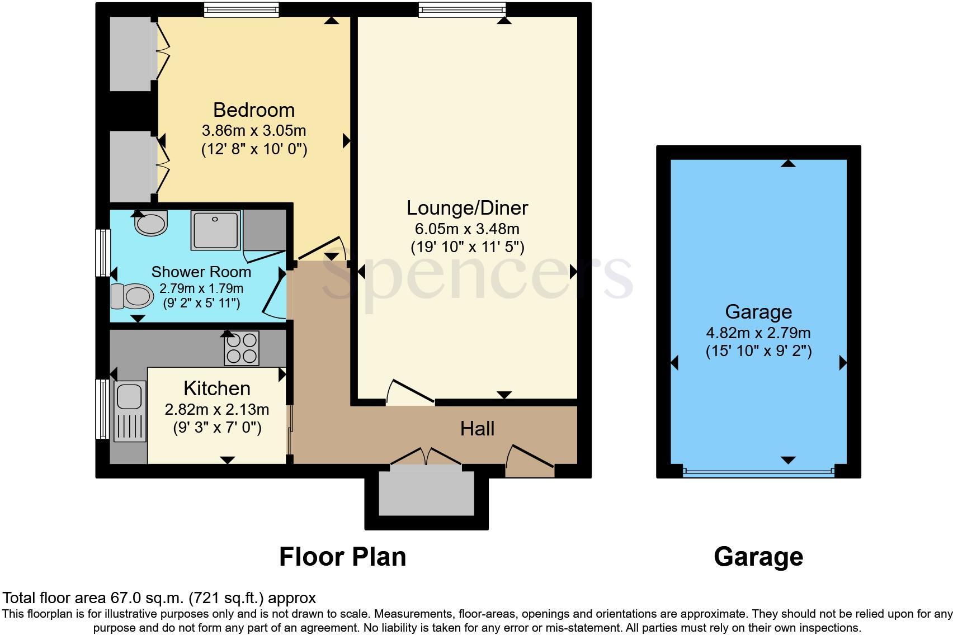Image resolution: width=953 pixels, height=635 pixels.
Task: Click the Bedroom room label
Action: coord(253,110)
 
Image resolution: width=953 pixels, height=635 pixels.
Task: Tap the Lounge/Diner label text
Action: coord(467,208)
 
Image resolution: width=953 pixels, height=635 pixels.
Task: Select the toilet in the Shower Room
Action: coord(133,296)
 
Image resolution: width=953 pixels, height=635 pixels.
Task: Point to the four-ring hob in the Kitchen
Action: coord(242,348)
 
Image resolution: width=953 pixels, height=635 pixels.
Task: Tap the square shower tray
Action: coord(215,230)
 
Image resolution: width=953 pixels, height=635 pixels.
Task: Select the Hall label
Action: coord(477,429)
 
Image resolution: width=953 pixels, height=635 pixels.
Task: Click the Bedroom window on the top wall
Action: coord(241,10)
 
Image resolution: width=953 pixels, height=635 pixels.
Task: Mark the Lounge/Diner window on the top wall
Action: coord(462,10)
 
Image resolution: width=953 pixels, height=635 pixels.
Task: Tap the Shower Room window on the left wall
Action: coord(102,253)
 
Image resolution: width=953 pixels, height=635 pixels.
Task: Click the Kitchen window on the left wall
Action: coord(102,409)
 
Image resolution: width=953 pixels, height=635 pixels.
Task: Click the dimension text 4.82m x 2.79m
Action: coord(758,333)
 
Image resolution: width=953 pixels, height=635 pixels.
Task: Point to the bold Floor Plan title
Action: coord(342,557)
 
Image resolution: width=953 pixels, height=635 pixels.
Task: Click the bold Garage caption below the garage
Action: coord(758,557)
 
